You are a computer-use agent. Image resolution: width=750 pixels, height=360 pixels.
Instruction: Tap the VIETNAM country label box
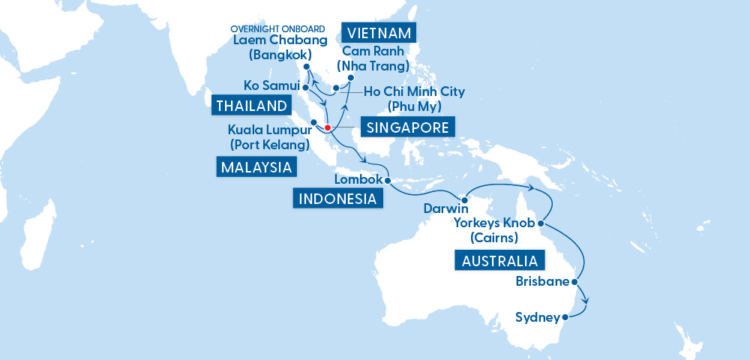[x=379, y=33]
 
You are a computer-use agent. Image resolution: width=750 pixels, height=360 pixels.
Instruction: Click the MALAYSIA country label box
[x=256, y=166]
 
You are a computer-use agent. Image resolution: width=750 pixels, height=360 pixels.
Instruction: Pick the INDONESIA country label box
[x=337, y=199]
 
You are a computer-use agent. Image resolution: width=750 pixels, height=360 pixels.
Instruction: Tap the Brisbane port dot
[x=574, y=283]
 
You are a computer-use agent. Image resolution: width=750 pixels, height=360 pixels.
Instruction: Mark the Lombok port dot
[x=387, y=181]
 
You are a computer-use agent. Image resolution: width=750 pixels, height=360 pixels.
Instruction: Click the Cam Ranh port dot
[x=351, y=77]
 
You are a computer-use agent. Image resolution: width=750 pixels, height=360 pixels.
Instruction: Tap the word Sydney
[x=538, y=318]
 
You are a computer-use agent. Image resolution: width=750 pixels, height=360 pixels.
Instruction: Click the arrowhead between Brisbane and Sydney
[x=585, y=302]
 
